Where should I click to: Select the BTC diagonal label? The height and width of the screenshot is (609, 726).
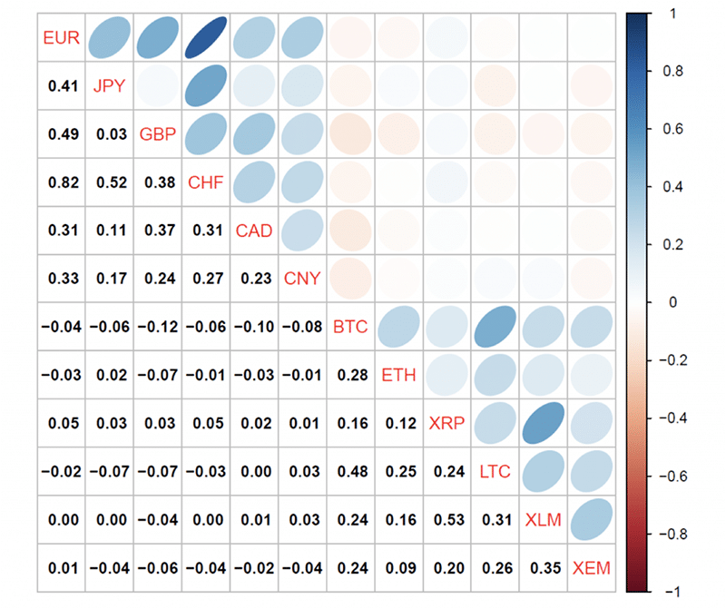(350, 326)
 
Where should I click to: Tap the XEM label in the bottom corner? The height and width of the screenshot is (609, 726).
(591, 569)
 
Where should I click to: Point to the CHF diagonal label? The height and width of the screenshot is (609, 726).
(206, 182)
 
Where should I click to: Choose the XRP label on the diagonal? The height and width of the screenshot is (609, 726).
(446, 422)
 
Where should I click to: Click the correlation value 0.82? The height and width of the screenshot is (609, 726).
(61, 182)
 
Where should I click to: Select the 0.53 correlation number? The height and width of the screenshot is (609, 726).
(446, 520)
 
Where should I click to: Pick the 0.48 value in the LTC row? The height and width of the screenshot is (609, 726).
(350, 471)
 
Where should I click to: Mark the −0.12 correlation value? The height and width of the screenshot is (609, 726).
(154, 326)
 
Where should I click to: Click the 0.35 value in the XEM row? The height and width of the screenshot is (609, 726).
(543, 569)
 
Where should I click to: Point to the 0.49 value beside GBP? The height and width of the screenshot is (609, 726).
(61, 134)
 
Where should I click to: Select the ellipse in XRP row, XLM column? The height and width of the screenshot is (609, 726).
(543, 422)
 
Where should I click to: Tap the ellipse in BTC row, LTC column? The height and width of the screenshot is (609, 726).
(495, 326)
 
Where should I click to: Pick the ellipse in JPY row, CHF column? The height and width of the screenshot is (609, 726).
(206, 86)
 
